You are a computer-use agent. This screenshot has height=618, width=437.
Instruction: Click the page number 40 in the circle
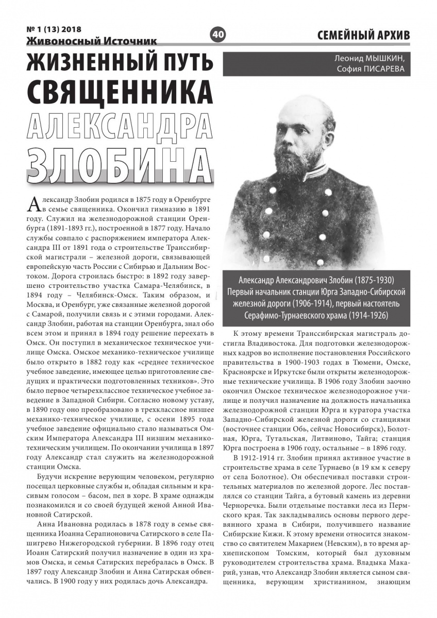pos(218,35)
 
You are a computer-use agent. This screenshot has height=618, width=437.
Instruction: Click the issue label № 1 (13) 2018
pos(53,29)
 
